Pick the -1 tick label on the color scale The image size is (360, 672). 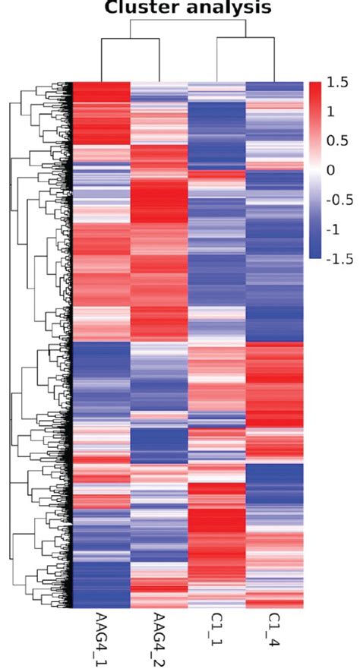click(x=335, y=229)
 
